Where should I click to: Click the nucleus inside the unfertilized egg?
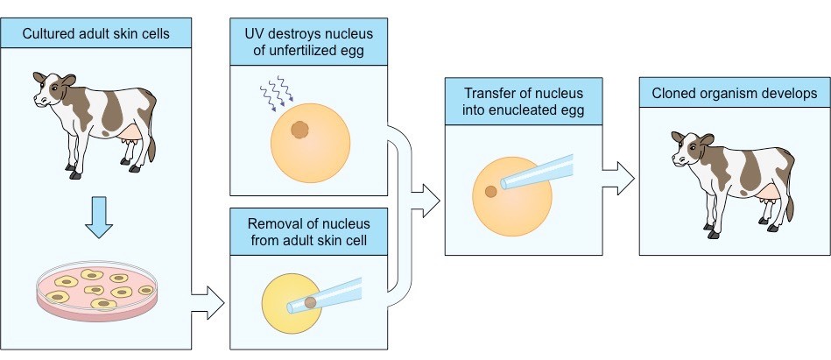click(x=299, y=131)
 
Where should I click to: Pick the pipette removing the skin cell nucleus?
click(x=337, y=294)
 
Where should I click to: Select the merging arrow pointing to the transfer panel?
click(x=426, y=200)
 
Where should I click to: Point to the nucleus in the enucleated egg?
click(x=491, y=190)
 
